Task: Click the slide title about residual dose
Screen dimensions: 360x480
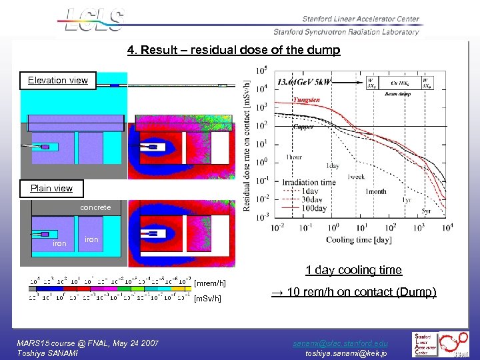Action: tap(233, 50)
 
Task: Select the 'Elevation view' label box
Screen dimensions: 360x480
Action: tap(58, 80)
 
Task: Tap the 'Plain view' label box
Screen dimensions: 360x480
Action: tap(51, 188)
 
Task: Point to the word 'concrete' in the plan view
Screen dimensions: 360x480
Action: tap(95, 207)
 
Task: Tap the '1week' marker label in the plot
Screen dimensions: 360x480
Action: tap(356, 177)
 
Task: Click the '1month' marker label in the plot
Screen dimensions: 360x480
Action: tap(375, 191)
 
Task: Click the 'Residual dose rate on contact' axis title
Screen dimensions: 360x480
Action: tap(247, 146)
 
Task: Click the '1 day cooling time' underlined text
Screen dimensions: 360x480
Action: tap(353, 270)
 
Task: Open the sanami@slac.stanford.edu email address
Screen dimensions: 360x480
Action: tap(340, 343)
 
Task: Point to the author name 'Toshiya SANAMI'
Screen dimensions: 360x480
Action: tap(47, 353)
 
